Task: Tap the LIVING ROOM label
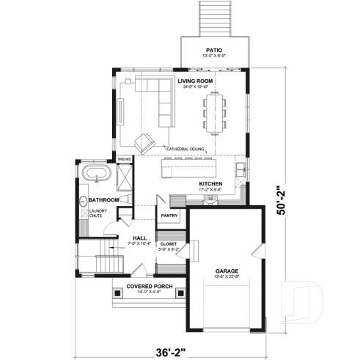[x=194, y=81]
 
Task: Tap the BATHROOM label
[x=104, y=199]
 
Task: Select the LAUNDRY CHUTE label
[x=96, y=213]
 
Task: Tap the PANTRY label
[x=169, y=216]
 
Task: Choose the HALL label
[x=139, y=237]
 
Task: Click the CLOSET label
[x=169, y=244]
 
